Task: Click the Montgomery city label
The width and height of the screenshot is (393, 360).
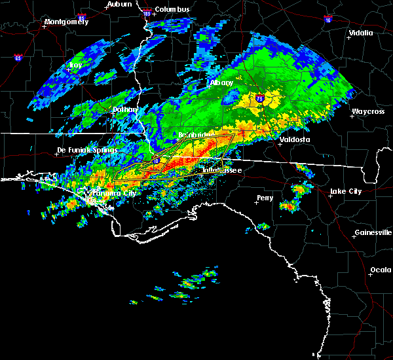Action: point(65,22)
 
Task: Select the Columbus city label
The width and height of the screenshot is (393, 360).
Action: point(174,9)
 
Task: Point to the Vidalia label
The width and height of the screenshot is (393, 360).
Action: point(361,33)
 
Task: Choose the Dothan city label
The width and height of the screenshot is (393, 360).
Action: point(125,110)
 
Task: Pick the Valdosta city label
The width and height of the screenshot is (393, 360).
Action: point(295,139)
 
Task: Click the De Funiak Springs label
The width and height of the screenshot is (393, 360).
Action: point(87,150)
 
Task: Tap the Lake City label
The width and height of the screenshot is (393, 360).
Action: point(346,191)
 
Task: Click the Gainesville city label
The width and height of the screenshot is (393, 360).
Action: point(373,232)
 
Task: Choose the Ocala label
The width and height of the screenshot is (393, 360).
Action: point(381,270)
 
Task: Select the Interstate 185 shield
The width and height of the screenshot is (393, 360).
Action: point(147,12)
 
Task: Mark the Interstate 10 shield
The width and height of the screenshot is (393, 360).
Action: point(157,160)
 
